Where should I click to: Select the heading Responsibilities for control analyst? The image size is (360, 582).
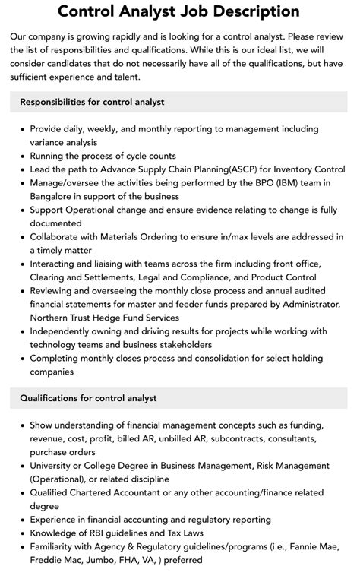92,101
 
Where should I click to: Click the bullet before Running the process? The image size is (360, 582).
21,156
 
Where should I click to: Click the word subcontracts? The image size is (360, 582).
227,438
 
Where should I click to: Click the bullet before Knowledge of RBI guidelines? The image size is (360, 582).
21,533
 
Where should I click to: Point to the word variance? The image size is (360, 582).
49,142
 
